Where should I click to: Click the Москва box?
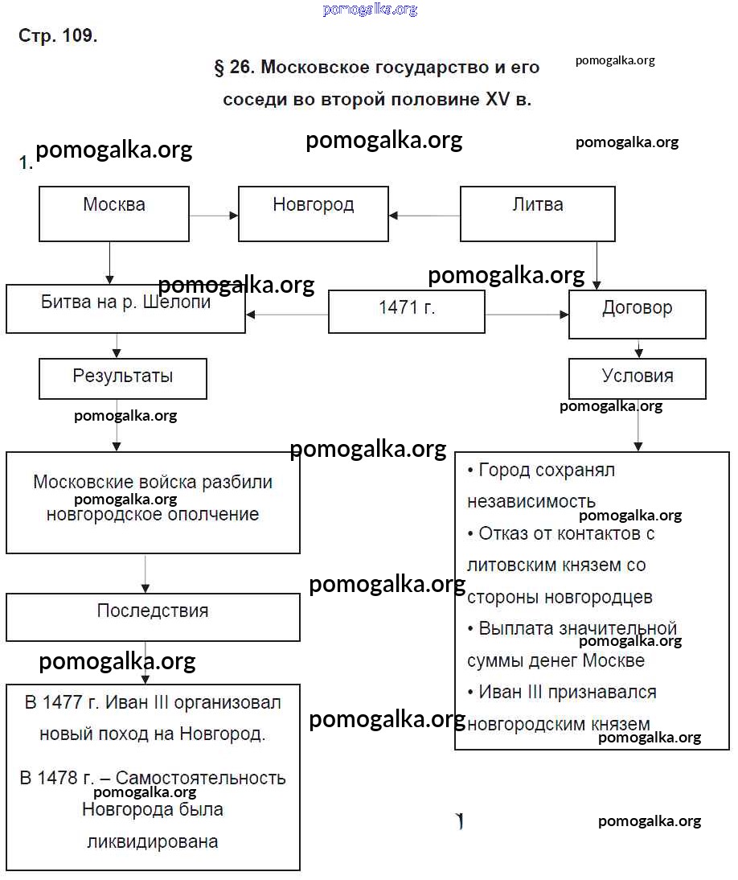[x=114, y=213]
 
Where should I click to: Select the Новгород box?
[x=313, y=213]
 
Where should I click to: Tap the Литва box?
[x=537, y=213]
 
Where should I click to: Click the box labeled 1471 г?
[x=407, y=311]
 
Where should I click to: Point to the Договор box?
[x=637, y=314]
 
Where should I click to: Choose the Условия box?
[x=637, y=378]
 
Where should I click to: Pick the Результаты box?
[x=122, y=378]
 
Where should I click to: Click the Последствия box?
[x=153, y=617]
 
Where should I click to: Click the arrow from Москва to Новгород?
[x=214, y=215]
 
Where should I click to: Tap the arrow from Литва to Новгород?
[x=424, y=215]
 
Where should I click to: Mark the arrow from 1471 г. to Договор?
[x=527, y=314]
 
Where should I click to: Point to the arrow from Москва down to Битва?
[x=109, y=262]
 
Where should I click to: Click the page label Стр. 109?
[x=58, y=36]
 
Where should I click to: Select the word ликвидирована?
[x=152, y=842]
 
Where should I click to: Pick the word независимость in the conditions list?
[x=531, y=502]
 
